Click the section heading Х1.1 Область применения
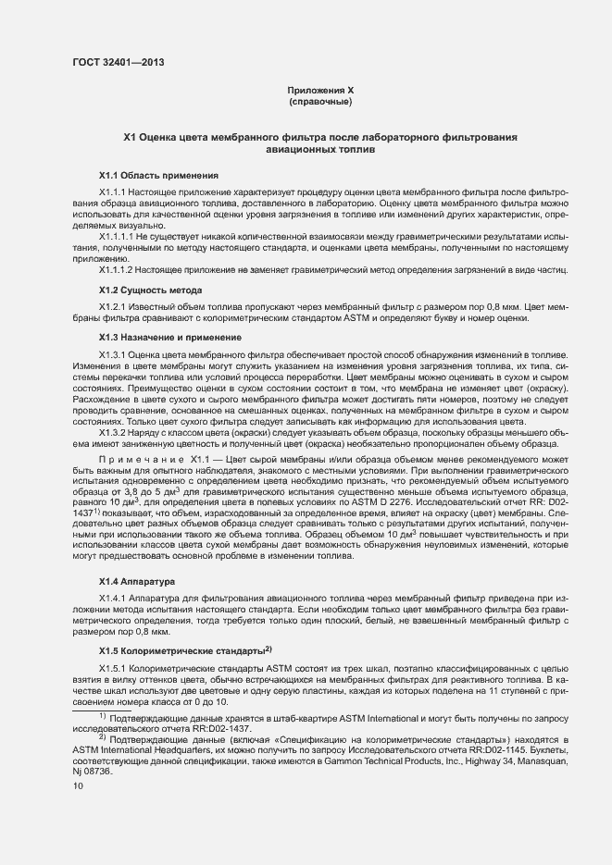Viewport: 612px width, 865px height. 158,175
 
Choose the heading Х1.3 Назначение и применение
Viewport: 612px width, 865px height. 170,338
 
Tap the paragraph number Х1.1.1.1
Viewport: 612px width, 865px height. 119,237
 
